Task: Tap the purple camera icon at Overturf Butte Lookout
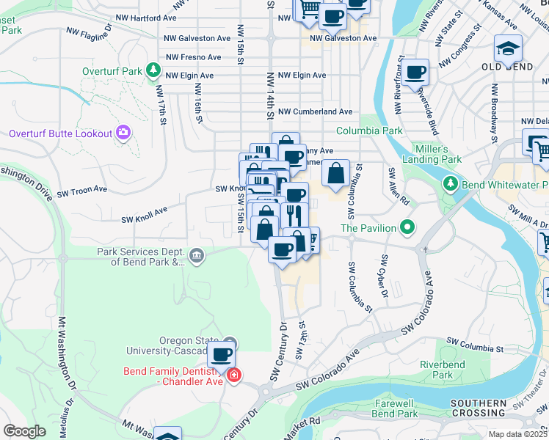123,133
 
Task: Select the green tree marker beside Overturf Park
153,70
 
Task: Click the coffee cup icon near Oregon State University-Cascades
221,355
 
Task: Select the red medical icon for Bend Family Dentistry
233,375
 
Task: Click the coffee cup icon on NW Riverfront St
415,72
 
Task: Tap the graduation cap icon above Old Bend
508,48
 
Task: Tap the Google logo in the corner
24,430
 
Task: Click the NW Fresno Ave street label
194,57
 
